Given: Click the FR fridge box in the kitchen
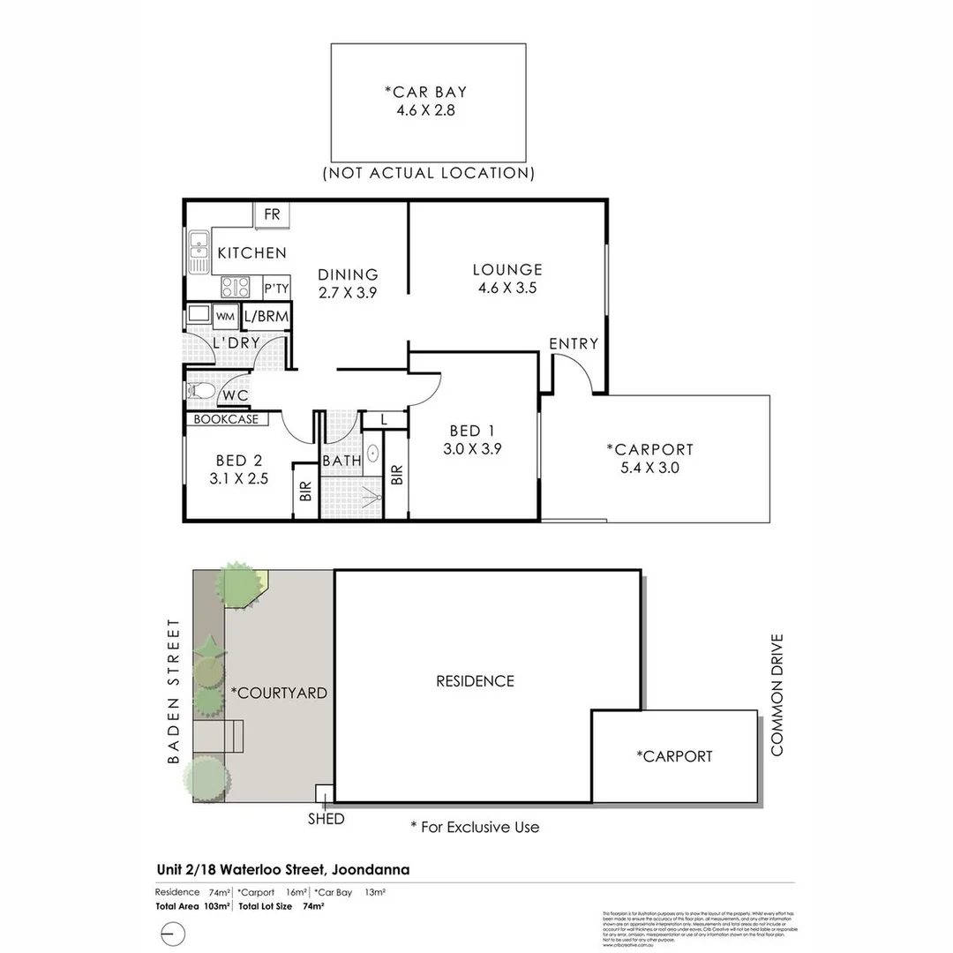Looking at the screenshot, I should coord(272,214).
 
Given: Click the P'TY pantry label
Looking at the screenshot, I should coord(276,289).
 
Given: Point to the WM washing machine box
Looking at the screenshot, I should coord(225,316).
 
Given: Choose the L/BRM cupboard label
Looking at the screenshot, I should coord(266,316).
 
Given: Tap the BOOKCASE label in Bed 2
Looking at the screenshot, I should coord(227,419).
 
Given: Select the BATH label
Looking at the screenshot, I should coord(341,460).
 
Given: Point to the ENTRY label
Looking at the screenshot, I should coord(574,343).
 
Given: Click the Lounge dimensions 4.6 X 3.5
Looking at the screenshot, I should coord(507,287).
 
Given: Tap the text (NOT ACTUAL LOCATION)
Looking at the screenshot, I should coord(429,173).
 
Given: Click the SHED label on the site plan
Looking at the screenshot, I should coord(326,819).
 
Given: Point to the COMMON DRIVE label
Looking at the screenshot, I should coord(777,694).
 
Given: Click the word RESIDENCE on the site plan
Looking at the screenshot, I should coord(475,680).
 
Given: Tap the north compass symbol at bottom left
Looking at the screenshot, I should coord(174,932).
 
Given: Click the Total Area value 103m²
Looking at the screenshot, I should coord(217,905).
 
